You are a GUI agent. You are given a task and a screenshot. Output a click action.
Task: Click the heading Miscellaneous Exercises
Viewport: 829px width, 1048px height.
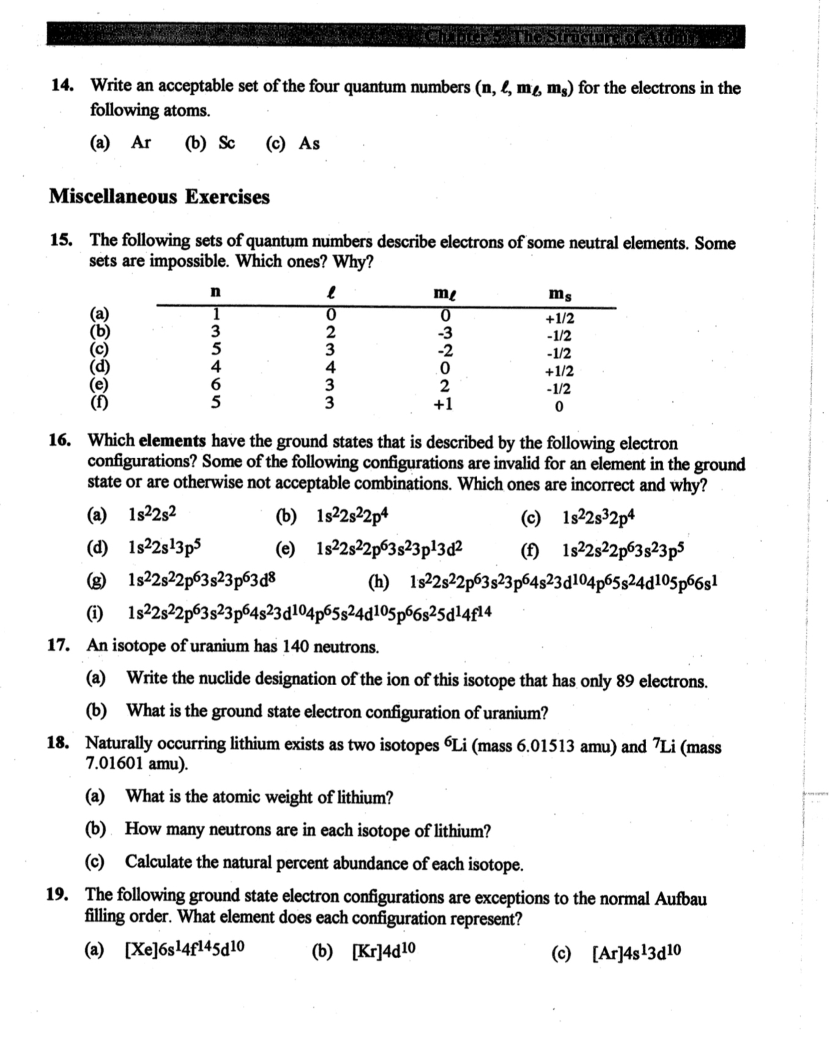point(159,197)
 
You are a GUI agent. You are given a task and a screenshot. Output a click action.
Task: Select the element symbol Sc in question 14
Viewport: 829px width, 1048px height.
point(226,143)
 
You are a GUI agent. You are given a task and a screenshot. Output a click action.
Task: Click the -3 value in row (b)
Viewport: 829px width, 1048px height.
point(445,333)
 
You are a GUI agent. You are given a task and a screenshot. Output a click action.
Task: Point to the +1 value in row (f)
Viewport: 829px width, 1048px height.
point(444,404)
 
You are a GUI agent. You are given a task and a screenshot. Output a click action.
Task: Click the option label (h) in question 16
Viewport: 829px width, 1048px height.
point(379,581)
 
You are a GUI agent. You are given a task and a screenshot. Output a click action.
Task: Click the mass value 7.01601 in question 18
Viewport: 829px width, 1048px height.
point(114,764)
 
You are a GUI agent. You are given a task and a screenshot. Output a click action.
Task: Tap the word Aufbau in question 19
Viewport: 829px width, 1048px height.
point(680,899)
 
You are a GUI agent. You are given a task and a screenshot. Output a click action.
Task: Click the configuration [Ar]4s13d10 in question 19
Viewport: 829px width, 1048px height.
point(636,953)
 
